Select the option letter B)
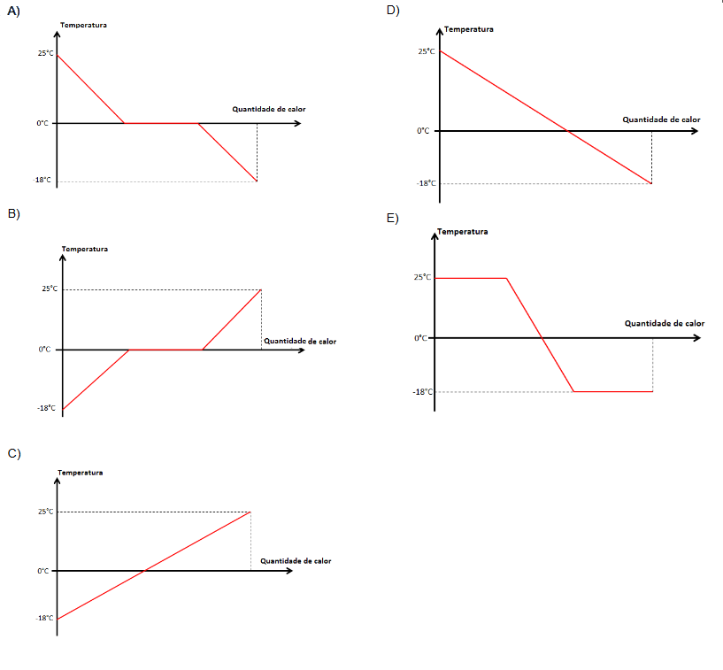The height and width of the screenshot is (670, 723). [x=13, y=214]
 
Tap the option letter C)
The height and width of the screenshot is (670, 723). [x=13, y=453]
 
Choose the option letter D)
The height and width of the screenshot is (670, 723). [x=394, y=11]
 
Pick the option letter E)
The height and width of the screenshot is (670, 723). [x=393, y=219]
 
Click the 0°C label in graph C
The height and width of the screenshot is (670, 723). [x=42, y=571]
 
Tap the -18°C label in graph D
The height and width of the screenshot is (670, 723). [x=427, y=183]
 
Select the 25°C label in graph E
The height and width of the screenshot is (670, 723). [x=423, y=277]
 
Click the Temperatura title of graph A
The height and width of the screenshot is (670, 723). [x=84, y=25]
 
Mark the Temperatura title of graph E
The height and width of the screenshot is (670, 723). [x=463, y=232]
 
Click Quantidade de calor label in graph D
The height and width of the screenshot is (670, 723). [x=661, y=119]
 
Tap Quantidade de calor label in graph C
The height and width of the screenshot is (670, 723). [x=296, y=561]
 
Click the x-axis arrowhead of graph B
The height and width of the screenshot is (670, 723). [x=301, y=350]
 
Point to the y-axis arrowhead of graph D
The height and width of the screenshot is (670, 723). [x=439, y=32]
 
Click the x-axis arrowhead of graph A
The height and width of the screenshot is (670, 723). [x=296, y=123]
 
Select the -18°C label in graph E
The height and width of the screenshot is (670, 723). [x=423, y=391]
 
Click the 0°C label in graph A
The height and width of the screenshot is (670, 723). [x=42, y=123]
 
